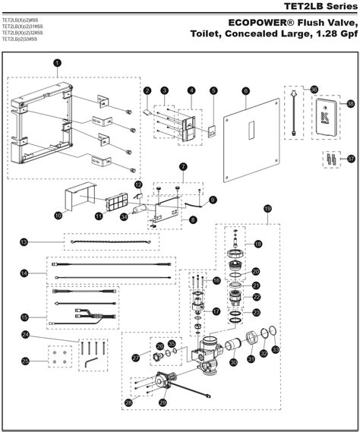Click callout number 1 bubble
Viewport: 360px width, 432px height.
click(58, 62)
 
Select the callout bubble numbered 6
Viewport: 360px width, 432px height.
click(246, 90)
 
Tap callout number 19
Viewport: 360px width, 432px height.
click(267, 208)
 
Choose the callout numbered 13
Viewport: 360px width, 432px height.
click(24, 242)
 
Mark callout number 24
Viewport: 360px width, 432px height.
click(25, 334)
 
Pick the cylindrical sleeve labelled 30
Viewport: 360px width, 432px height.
click(233, 352)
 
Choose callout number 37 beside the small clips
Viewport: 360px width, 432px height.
click(351, 159)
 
